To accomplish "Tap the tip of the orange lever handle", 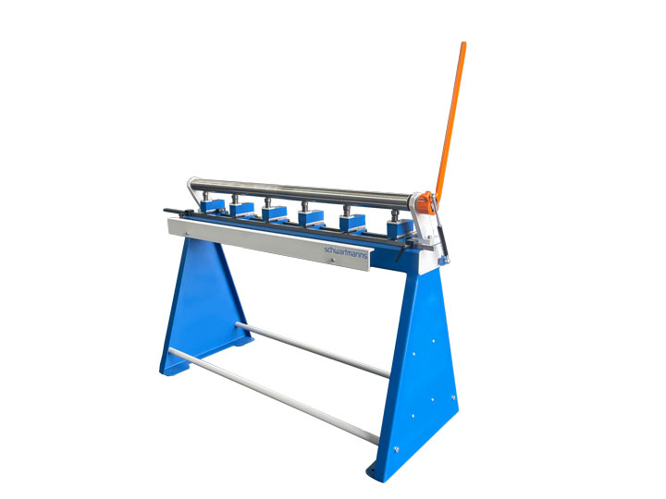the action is [463, 43].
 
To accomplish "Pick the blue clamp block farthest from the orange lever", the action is [213, 206].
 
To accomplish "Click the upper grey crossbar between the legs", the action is [313, 350].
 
